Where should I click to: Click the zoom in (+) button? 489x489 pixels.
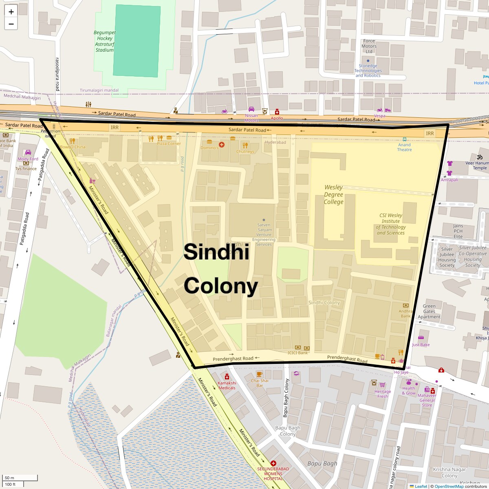11,11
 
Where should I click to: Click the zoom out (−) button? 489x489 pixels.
11,24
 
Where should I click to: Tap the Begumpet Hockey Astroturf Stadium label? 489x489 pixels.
105,41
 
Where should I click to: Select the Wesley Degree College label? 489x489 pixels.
334,194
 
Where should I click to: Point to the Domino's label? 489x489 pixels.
209,148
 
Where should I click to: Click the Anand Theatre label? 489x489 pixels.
404,147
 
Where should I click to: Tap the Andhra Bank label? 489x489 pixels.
405,313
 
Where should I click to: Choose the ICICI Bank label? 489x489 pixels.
298,353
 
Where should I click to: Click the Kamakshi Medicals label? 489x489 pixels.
227,385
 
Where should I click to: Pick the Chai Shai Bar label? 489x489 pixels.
260,383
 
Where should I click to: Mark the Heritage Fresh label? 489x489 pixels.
383,394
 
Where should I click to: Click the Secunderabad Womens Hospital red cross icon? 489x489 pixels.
273,463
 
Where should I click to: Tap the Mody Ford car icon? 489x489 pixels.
28,152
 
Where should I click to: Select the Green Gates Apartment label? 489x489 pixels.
429,311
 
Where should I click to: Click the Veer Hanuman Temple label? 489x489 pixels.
477,165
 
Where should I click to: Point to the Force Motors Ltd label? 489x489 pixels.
369,46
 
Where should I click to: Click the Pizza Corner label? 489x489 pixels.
169,143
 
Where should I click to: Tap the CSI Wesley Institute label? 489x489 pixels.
390,224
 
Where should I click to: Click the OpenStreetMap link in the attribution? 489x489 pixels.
449,486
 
